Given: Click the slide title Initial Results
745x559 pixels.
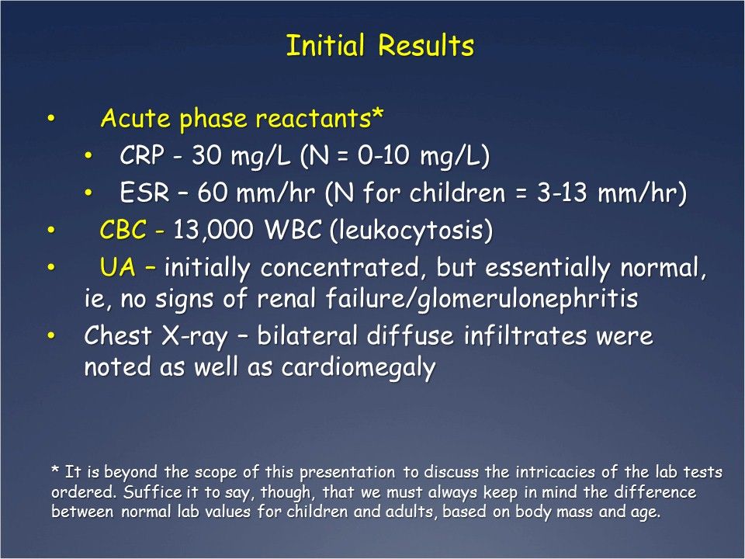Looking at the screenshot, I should [379, 47].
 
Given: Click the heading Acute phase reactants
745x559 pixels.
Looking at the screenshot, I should [242, 120].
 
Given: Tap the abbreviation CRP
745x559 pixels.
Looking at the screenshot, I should [142, 156].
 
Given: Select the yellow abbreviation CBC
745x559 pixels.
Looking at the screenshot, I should [124, 230].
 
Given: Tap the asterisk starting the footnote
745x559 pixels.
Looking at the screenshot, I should [55, 470].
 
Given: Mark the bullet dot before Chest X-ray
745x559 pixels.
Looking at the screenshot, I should [51, 335].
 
